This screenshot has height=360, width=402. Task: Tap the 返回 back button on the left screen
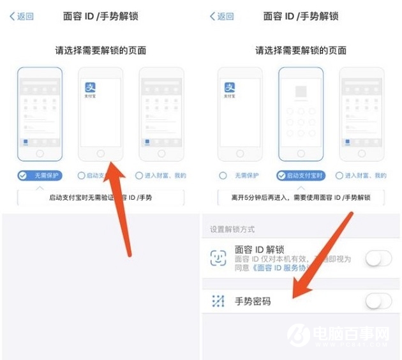(22, 17)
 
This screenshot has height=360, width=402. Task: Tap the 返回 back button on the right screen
(222, 17)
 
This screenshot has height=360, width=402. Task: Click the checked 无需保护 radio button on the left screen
(23, 175)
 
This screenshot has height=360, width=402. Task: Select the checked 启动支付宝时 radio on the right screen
(281, 176)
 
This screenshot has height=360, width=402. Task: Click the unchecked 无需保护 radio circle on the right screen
(223, 176)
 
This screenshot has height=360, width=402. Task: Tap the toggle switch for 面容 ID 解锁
(378, 259)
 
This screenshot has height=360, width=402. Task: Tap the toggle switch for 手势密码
(378, 301)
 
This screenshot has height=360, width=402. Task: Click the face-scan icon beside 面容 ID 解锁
(218, 258)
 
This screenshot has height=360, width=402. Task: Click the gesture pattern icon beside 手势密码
(218, 301)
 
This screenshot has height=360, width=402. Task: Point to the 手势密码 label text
(253, 301)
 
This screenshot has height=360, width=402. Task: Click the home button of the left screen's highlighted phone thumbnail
(40, 154)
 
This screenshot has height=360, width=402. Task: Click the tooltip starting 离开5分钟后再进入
(300, 198)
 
